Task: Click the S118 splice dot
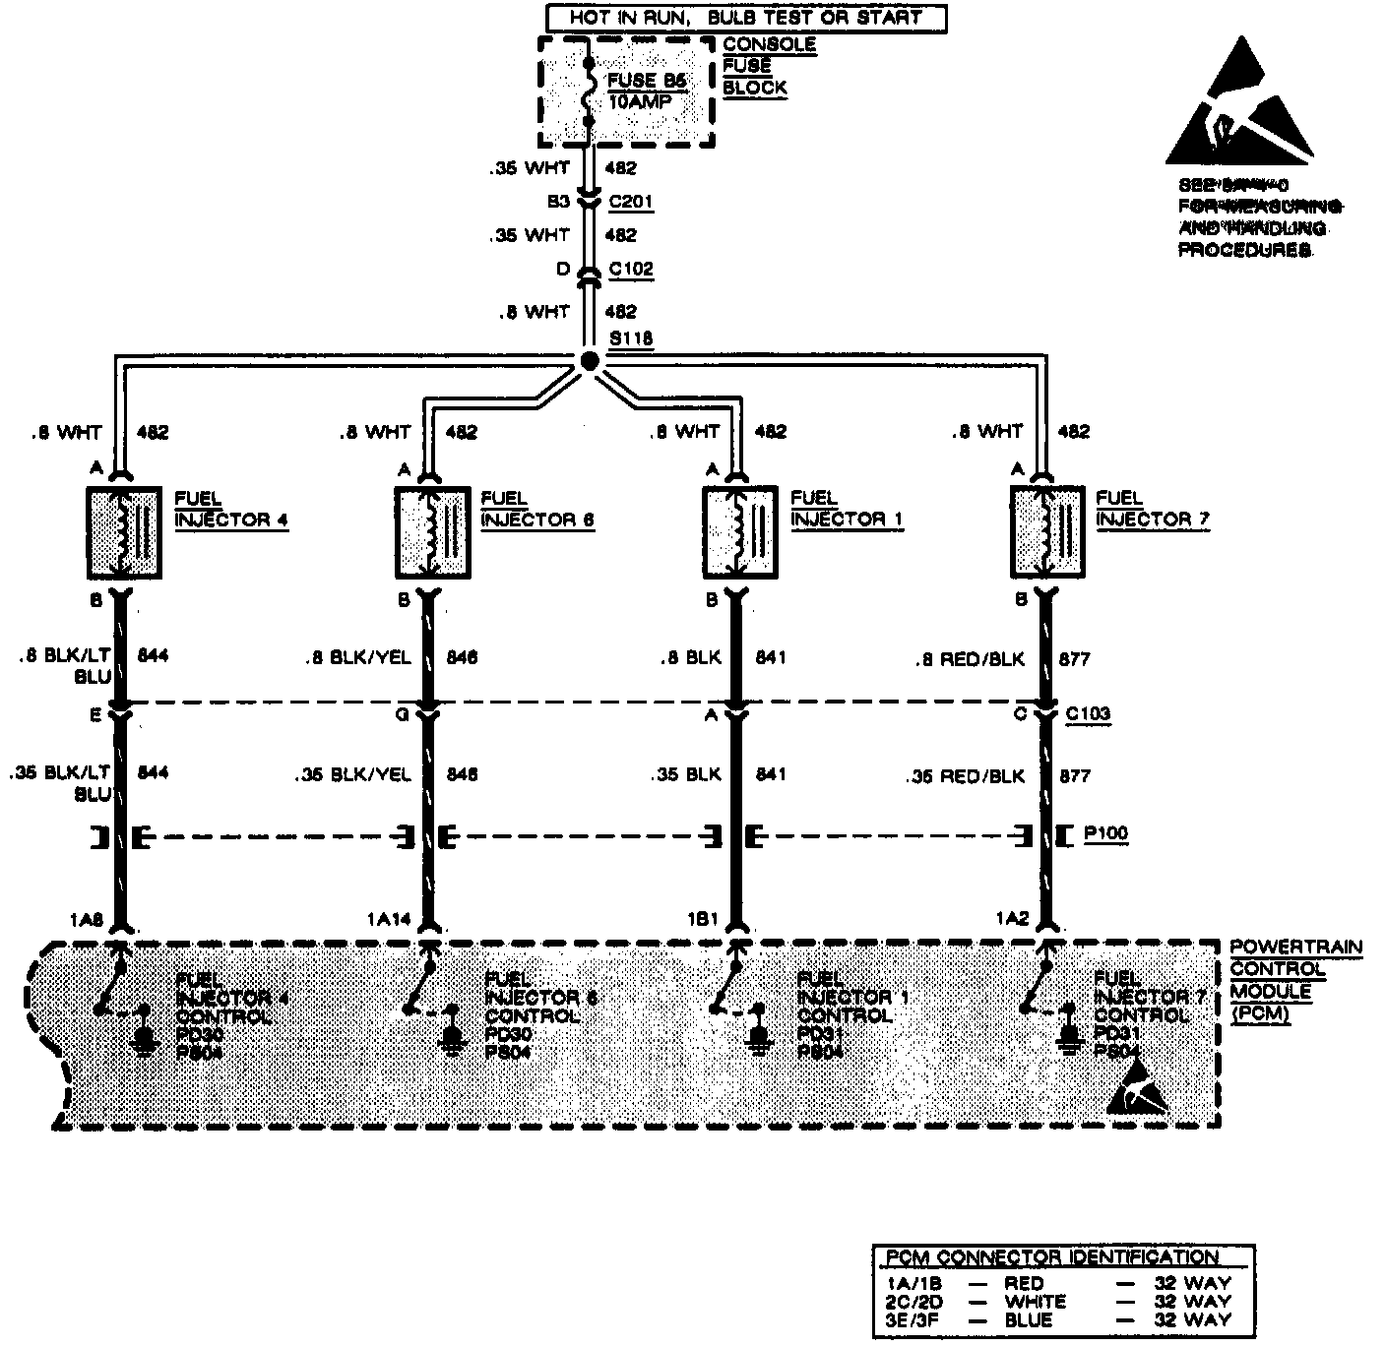(589, 362)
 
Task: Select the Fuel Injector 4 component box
(124, 532)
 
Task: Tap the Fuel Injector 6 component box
(434, 532)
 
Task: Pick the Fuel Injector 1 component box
(740, 532)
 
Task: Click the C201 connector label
(631, 203)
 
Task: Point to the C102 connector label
(631, 269)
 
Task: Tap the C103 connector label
(1088, 714)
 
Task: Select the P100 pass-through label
(1105, 833)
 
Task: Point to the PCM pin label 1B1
(704, 919)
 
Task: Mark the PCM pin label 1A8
(86, 919)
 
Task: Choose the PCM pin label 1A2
(1011, 919)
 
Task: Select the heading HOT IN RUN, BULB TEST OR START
(746, 18)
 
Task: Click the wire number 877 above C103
(1074, 659)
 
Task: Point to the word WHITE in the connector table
(1036, 1301)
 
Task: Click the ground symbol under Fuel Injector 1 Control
(758, 1038)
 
